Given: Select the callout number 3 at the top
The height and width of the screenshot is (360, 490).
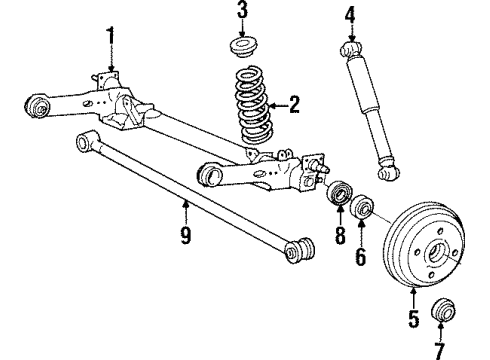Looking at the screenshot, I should [241, 13].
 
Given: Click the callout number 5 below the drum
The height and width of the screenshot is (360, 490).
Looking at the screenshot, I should [414, 322].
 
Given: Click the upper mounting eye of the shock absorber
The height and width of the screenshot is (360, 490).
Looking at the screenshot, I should [350, 48].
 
